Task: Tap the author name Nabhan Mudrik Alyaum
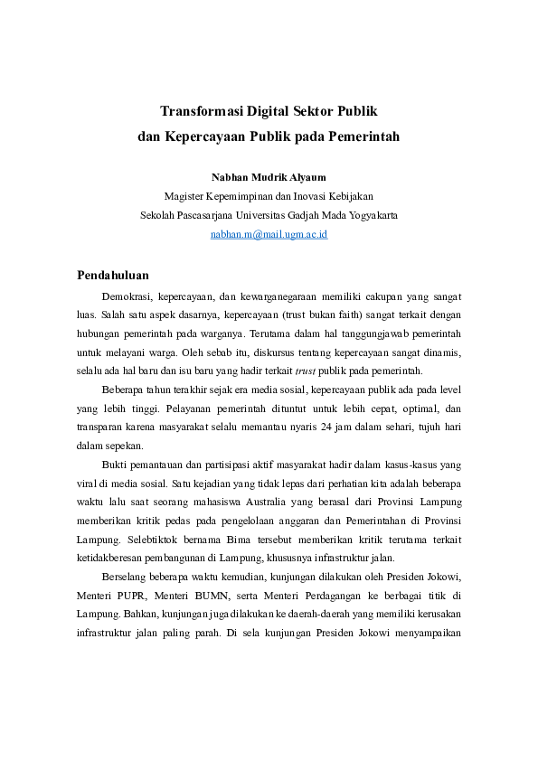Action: pos(268,177)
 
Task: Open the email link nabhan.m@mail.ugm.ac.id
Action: pos(269,233)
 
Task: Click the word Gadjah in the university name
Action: pos(294,215)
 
